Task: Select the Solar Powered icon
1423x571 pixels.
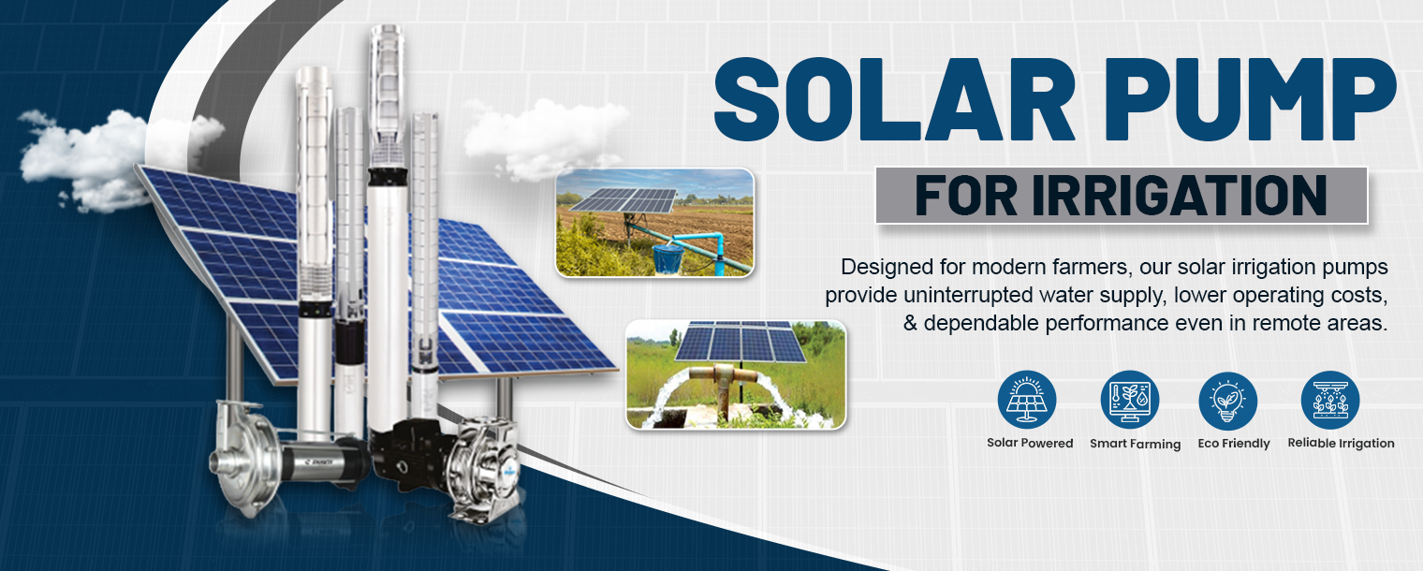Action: click(x=1027, y=400)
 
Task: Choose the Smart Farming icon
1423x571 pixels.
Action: click(x=1130, y=400)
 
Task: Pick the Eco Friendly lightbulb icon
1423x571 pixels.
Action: click(x=1228, y=400)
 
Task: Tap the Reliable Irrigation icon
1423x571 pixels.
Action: click(x=1330, y=400)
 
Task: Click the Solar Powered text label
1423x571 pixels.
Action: click(x=1030, y=444)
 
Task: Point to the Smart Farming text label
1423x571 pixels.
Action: click(x=1135, y=445)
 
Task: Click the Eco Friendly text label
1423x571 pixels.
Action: click(x=1234, y=444)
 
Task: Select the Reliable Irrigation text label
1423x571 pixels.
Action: click(x=1341, y=444)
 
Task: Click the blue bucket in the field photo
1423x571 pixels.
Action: click(x=667, y=257)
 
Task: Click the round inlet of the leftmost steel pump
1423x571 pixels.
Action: click(x=225, y=462)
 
